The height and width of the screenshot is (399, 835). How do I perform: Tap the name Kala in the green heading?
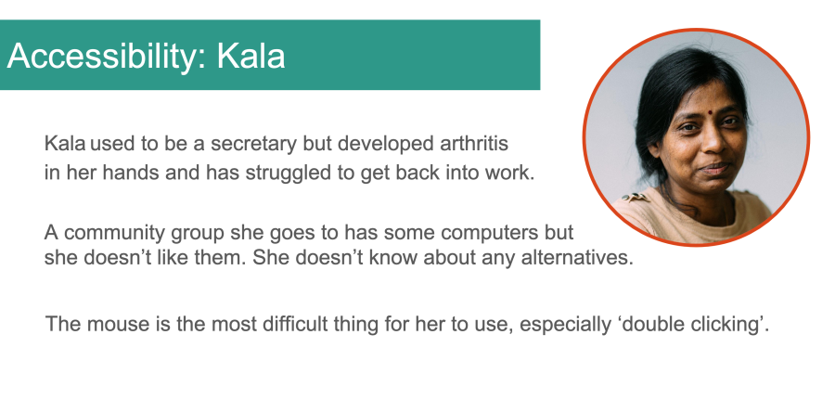(x=250, y=56)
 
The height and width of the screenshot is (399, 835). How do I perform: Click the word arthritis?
(x=474, y=143)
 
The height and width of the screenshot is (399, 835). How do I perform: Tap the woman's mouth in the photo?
(x=714, y=169)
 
